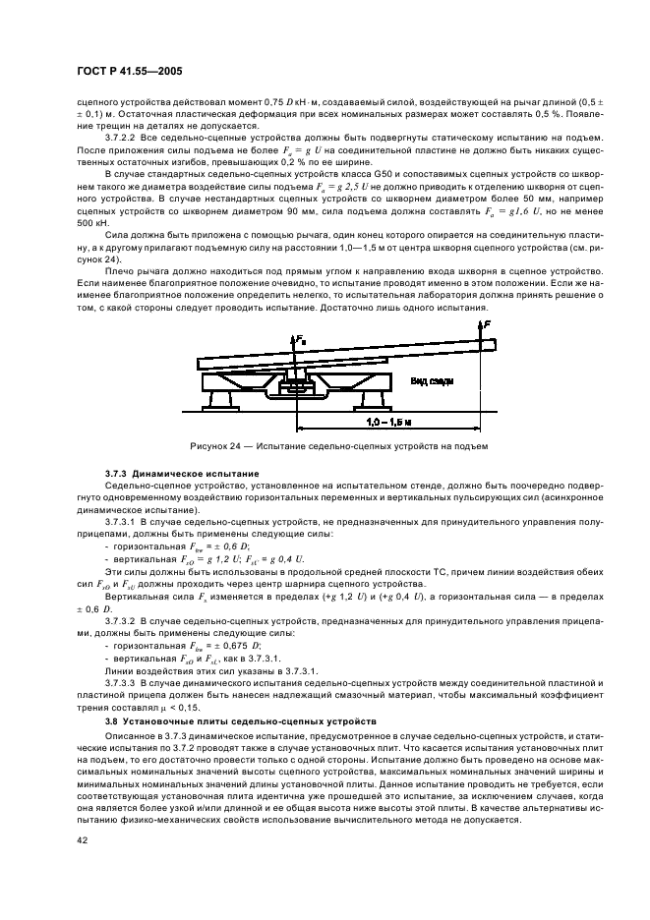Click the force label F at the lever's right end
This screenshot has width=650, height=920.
click(x=488, y=320)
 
